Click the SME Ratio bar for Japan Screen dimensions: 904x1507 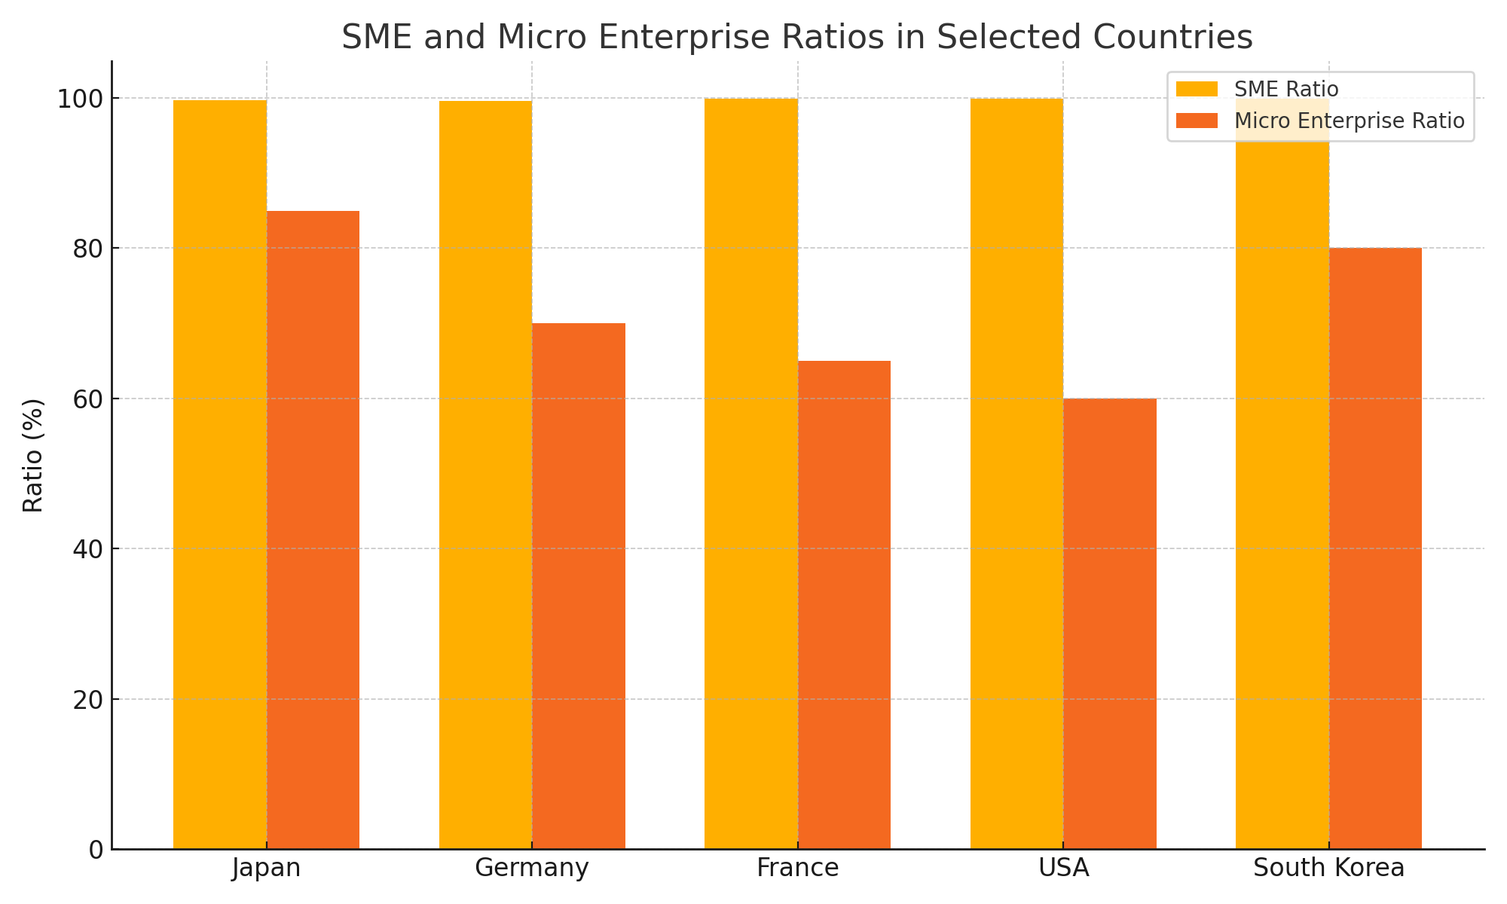[x=220, y=475]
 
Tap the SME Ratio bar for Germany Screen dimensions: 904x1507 [x=485, y=475]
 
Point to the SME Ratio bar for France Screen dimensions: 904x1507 [x=751, y=474]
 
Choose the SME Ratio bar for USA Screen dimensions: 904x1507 [x=1016, y=474]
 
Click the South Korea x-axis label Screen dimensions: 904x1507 [x=1329, y=869]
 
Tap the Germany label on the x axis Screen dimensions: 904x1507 [x=532, y=869]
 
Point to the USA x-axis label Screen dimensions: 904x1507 [x=1063, y=869]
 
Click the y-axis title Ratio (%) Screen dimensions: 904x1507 [x=34, y=455]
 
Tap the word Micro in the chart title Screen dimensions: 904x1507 [x=543, y=37]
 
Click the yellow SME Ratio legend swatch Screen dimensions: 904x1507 [x=1197, y=89]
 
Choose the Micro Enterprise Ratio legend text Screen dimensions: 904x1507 [x=1349, y=121]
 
